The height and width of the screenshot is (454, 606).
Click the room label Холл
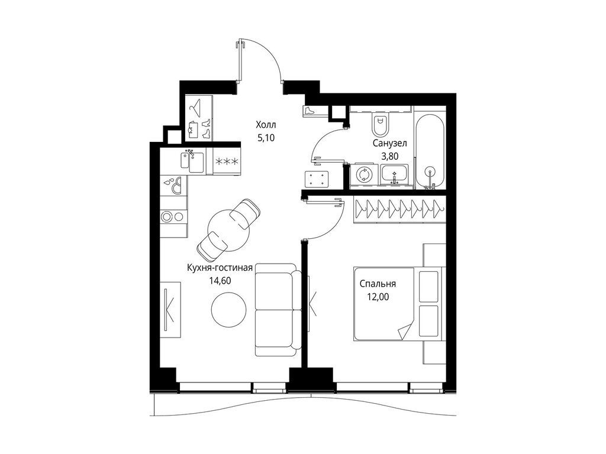[266, 125]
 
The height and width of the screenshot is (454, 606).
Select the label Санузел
[388, 144]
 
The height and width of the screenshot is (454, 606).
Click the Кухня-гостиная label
[220, 268]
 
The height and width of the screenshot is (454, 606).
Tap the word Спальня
[378, 284]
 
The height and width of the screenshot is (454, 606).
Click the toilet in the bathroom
[381, 124]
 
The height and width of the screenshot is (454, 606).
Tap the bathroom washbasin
[394, 175]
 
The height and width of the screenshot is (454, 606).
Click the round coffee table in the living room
[228, 310]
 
